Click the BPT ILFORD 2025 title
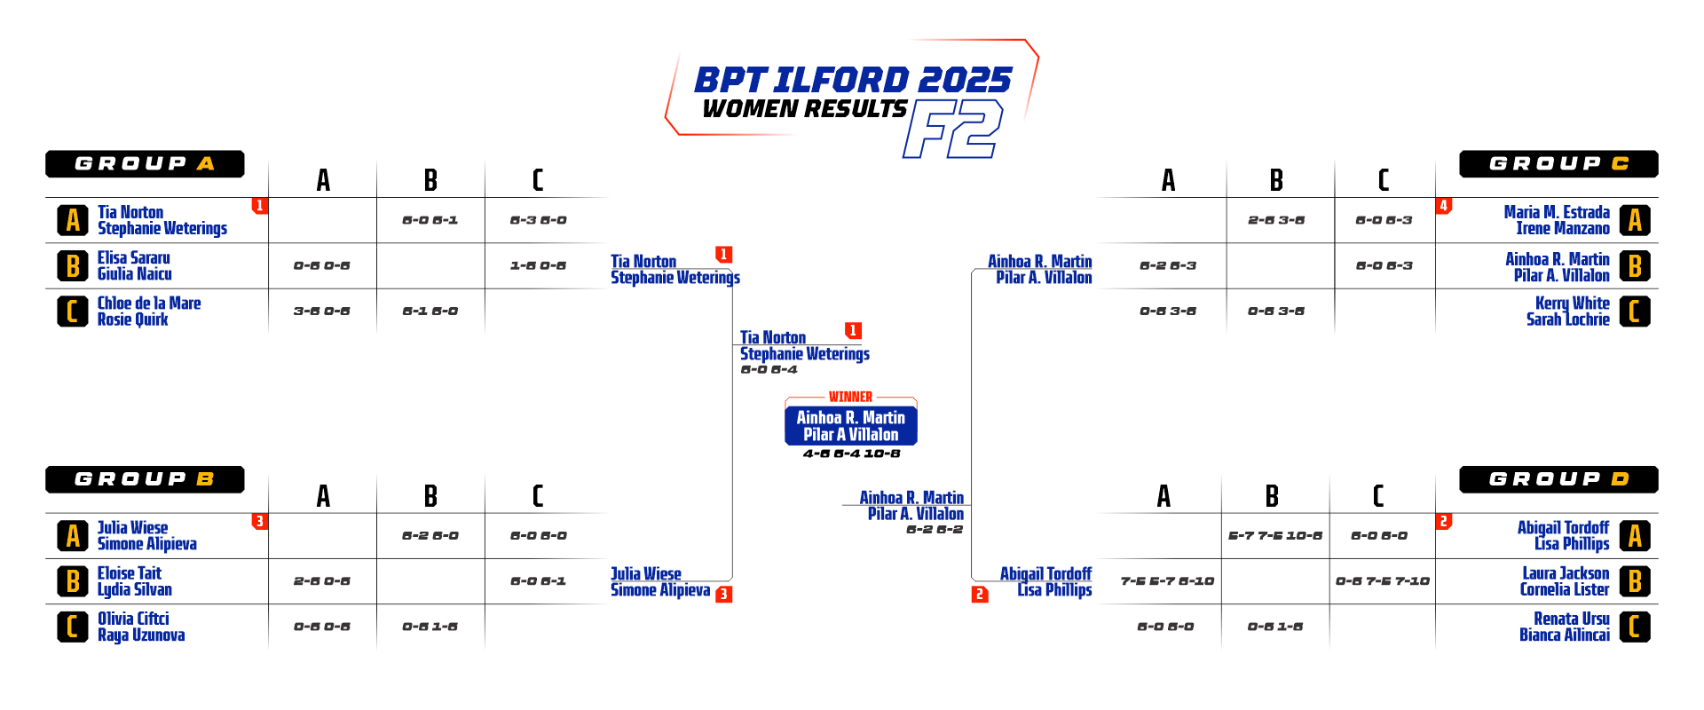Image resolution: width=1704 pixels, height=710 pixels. click(x=852, y=80)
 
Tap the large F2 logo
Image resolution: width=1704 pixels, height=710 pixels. click(x=952, y=129)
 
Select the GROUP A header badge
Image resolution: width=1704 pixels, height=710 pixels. click(x=145, y=164)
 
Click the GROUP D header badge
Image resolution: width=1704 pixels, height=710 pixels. click(x=1558, y=479)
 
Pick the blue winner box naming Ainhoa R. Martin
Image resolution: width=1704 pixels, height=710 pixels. click(x=850, y=425)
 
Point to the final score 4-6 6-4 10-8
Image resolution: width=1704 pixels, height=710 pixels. click(x=851, y=454)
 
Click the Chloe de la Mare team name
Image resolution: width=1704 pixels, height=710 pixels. click(x=149, y=312)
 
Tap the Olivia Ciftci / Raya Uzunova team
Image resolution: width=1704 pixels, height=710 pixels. click(x=141, y=627)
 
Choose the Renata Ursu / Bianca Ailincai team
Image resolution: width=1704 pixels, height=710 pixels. click(x=1565, y=627)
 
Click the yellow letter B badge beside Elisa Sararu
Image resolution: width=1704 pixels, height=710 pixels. click(x=73, y=266)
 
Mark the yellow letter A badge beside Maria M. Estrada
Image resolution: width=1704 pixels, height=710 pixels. click(x=1635, y=220)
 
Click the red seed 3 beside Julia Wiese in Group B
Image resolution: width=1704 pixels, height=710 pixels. click(x=259, y=522)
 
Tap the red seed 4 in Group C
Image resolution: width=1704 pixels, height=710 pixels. click(x=1444, y=206)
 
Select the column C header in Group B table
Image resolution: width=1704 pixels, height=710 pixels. click(x=538, y=495)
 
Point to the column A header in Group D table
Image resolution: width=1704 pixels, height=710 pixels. click(x=1164, y=495)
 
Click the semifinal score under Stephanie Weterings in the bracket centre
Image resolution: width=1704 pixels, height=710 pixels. click(x=769, y=369)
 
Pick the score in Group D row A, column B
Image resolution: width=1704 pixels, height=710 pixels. click(x=1275, y=535)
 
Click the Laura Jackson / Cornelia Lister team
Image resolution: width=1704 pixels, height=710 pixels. click(x=1565, y=581)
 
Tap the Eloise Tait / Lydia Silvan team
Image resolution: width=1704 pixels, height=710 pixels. click(x=135, y=581)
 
